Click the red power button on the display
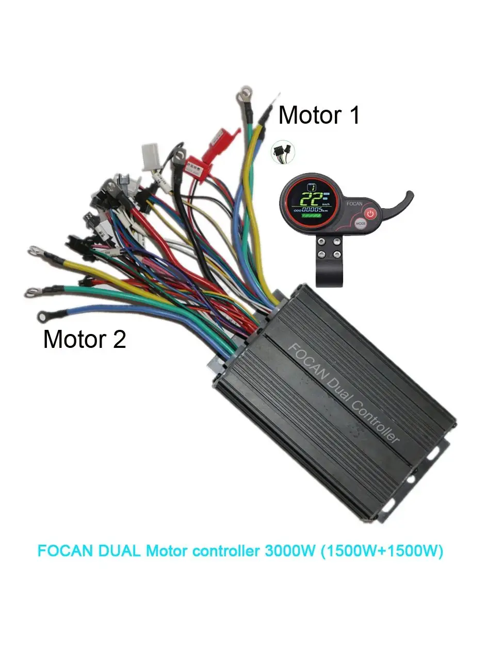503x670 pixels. click(x=370, y=213)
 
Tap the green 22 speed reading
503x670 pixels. click(x=313, y=199)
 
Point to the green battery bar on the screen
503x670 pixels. click(x=311, y=217)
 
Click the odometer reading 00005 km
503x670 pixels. click(x=312, y=210)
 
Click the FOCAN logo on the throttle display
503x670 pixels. click(x=354, y=204)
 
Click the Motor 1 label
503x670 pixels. click(x=318, y=115)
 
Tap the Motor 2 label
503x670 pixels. click(x=85, y=339)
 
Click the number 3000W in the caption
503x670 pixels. click(x=289, y=551)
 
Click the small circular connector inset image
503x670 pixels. click(x=283, y=152)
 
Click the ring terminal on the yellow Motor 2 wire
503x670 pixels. click(x=35, y=251)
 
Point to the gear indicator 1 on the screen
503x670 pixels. click(x=311, y=188)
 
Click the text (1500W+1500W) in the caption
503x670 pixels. click(x=382, y=551)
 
